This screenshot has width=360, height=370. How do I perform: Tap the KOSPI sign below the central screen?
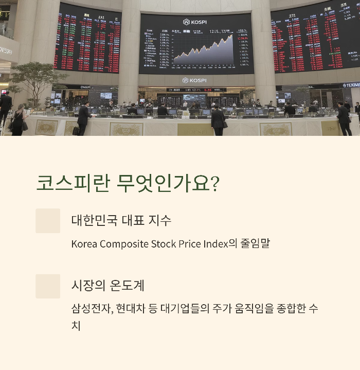(194, 81)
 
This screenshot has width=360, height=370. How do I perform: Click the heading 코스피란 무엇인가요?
(128, 183)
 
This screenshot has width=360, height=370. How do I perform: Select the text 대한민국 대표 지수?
(121, 220)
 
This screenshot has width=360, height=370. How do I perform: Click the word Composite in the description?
(124, 243)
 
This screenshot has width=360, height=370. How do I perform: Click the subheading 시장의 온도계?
(108, 285)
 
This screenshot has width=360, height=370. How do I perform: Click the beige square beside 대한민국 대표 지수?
(48, 221)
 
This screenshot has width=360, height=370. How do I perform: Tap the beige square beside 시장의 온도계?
(48, 286)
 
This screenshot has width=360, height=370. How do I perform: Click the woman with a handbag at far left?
(19, 120)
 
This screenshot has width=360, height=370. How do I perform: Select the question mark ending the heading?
(215, 184)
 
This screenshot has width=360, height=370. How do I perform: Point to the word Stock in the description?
(164, 243)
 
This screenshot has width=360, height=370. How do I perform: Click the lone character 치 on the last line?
(76, 326)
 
